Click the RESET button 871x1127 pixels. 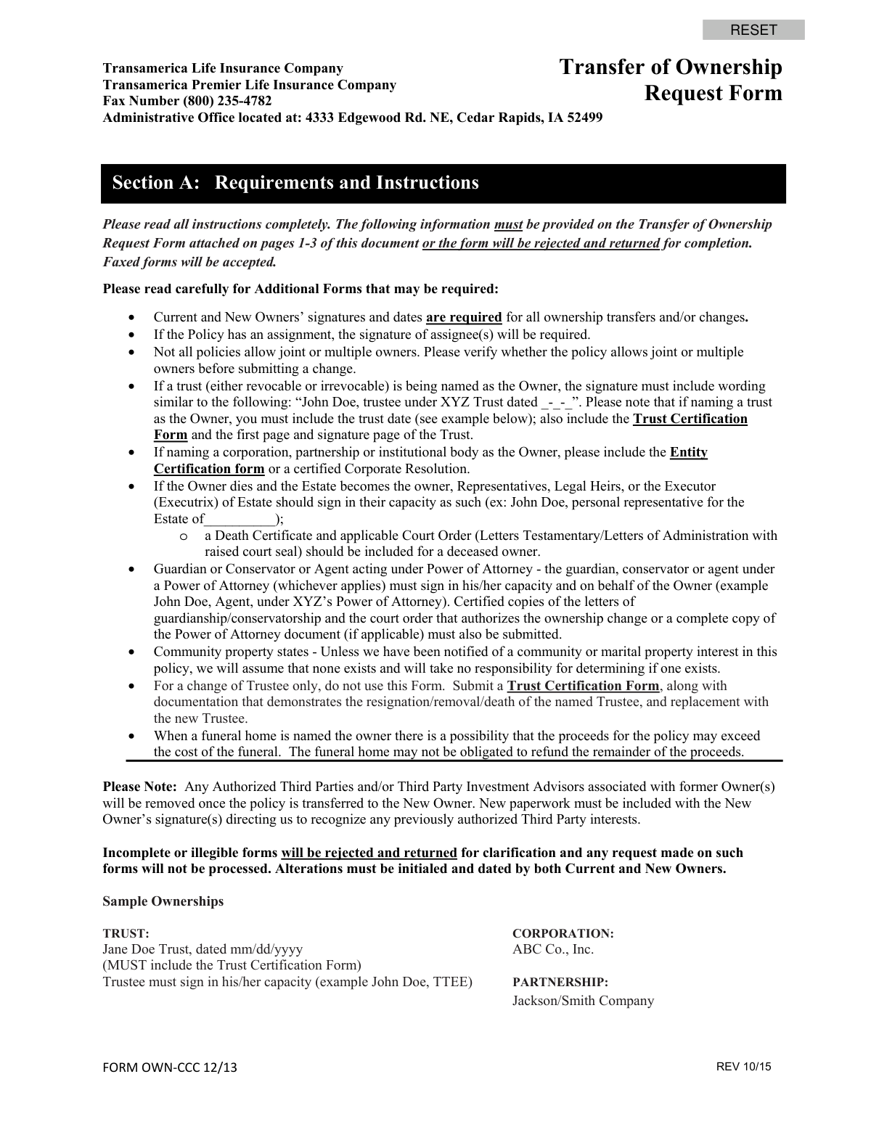click(753, 30)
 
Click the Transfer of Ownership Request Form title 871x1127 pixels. click(671, 80)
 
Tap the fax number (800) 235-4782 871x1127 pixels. click(227, 101)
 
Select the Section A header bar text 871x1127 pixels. click(295, 182)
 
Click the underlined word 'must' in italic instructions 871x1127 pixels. click(508, 224)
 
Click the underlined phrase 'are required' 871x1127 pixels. click(464, 317)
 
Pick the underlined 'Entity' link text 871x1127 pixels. click(688, 452)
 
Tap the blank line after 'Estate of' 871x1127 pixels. click(240, 519)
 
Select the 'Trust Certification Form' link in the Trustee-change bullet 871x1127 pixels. click(583, 686)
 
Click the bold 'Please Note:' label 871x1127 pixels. click(139, 787)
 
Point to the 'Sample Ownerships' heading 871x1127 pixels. click(163, 901)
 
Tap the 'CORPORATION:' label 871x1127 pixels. click(563, 933)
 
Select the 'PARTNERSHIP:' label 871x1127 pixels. click(560, 982)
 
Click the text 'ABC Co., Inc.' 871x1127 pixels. click(553, 949)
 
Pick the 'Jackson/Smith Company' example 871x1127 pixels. click(583, 1001)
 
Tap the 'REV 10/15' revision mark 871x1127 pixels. click(743, 1066)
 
